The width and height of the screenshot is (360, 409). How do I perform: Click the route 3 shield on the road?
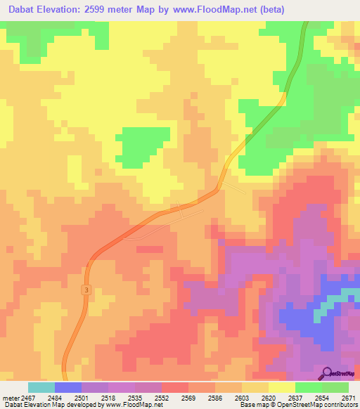85,290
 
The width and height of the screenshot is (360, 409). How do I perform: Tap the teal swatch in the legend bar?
41,387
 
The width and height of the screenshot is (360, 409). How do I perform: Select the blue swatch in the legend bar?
68,387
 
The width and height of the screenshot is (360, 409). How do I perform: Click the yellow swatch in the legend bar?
281,387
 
